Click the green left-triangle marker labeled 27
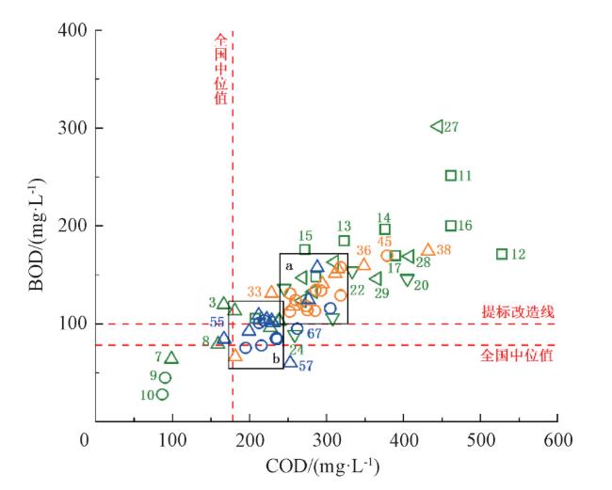click(437, 126)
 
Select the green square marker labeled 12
click(502, 254)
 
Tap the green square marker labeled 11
click(451, 175)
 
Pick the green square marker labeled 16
click(451, 226)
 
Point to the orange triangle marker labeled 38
click(428, 249)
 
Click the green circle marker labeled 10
click(162, 394)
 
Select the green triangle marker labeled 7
click(171, 357)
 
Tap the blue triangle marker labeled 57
click(290, 361)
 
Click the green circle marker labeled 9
click(165, 377)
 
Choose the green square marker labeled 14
click(385, 229)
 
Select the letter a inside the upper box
click(290, 267)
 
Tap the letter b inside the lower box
click(276, 358)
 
